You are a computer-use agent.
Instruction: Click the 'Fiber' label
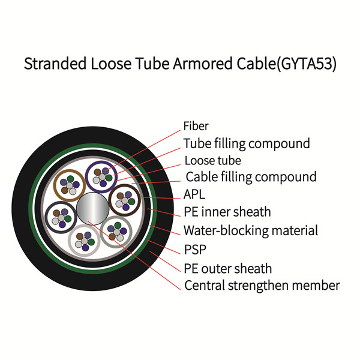click(x=196, y=126)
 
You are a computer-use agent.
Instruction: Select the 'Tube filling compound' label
click(x=247, y=144)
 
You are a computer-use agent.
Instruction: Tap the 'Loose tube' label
click(x=213, y=160)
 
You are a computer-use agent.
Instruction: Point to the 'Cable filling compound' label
click(x=251, y=177)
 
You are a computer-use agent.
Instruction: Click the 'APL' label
click(x=194, y=194)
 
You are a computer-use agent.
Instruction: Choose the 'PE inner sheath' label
click(x=227, y=212)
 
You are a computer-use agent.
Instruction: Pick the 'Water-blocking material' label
click(x=251, y=230)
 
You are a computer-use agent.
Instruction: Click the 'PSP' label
click(x=195, y=250)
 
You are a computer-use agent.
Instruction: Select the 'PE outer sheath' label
click(x=228, y=268)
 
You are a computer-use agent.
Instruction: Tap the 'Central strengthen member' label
click(x=262, y=286)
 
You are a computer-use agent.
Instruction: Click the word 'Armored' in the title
click(x=203, y=64)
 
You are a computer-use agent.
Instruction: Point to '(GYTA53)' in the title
click(x=306, y=64)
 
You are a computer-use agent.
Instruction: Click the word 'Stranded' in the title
click(x=55, y=64)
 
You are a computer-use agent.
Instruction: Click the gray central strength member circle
click(x=92, y=209)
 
